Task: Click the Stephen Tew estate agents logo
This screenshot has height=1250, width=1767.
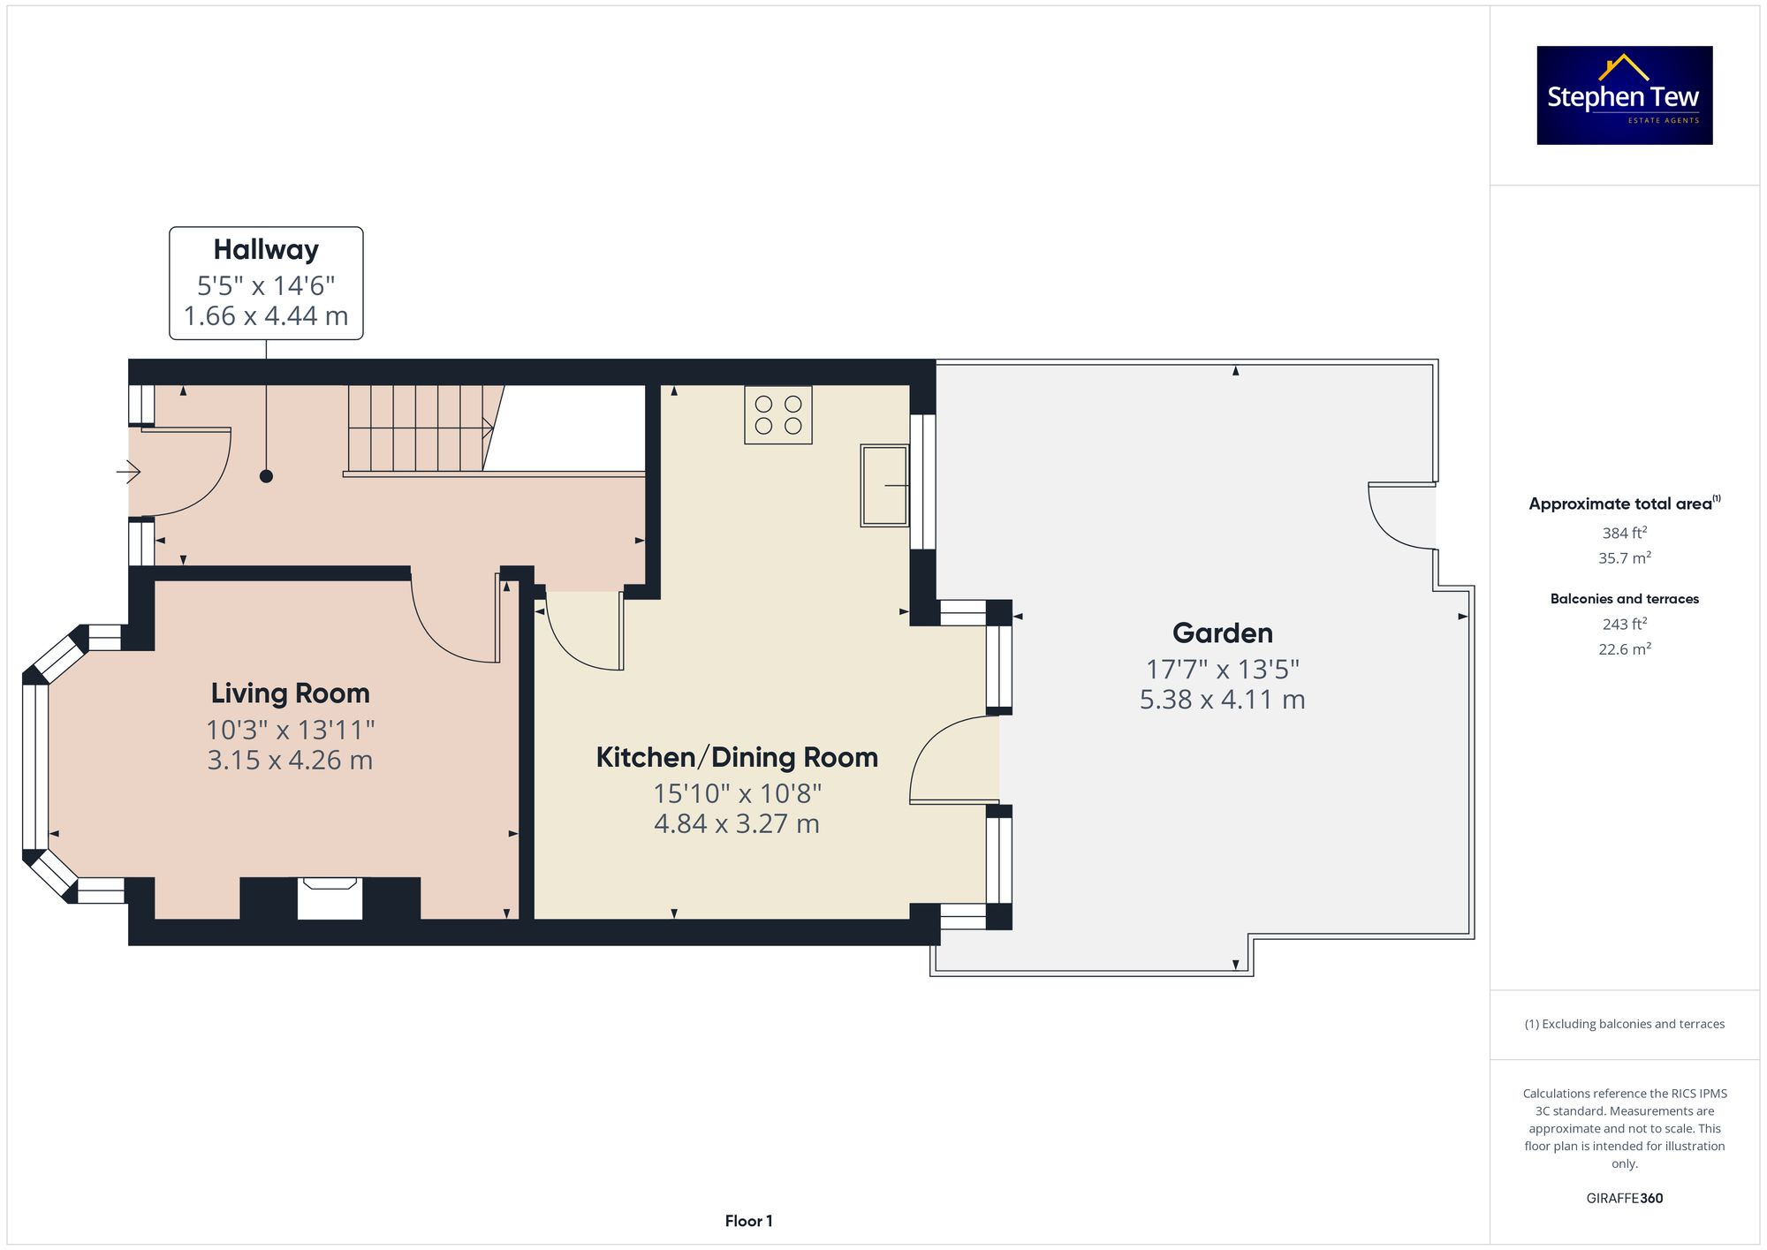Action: click(x=1624, y=95)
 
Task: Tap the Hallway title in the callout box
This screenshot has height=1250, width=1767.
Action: click(x=266, y=250)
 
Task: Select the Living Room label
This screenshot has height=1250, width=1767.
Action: click(x=290, y=693)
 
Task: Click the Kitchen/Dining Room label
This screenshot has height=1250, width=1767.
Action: click(x=737, y=757)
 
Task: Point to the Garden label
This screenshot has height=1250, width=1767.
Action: click(x=1222, y=633)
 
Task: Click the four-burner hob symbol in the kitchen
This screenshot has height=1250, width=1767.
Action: click(x=778, y=415)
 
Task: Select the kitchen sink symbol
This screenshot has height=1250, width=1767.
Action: click(x=884, y=486)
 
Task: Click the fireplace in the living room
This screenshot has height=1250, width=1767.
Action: click(x=330, y=898)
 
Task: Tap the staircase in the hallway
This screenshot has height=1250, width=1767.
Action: click(x=415, y=428)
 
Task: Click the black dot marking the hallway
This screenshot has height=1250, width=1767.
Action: click(x=266, y=476)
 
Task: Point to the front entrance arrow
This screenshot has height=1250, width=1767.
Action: click(x=128, y=473)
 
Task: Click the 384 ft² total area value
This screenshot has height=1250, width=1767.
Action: click(x=1624, y=533)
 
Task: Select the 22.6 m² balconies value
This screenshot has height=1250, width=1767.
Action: click(x=1624, y=649)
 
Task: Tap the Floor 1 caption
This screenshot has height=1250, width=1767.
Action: click(x=748, y=1221)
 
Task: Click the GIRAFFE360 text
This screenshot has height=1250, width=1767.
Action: click(x=1624, y=1199)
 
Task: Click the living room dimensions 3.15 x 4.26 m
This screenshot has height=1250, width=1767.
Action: click(x=290, y=761)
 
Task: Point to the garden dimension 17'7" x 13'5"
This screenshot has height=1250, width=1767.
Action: click(x=1222, y=670)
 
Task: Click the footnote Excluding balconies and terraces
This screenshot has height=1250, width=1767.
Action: click(x=1624, y=1024)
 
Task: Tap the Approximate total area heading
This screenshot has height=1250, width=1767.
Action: click(x=1621, y=504)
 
